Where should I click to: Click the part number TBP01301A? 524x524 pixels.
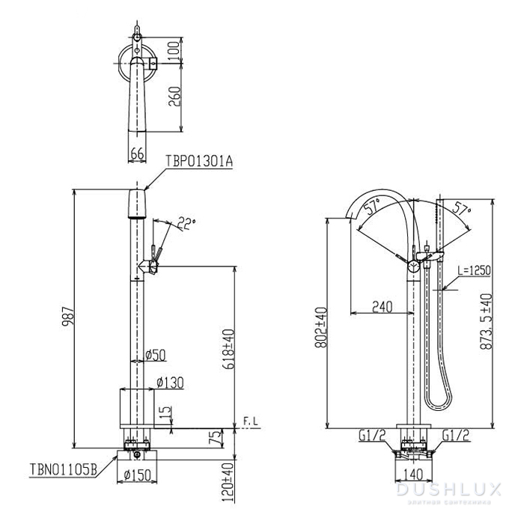199,162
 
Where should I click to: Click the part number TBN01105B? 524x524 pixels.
63,469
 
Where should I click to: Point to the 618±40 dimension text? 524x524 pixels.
229,349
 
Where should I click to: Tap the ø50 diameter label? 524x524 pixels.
156,356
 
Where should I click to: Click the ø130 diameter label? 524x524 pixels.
170,383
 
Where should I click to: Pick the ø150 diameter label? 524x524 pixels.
137,475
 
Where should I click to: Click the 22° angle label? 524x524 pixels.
186,223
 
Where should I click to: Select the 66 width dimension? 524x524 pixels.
137,153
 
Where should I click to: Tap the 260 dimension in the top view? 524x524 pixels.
174,97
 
